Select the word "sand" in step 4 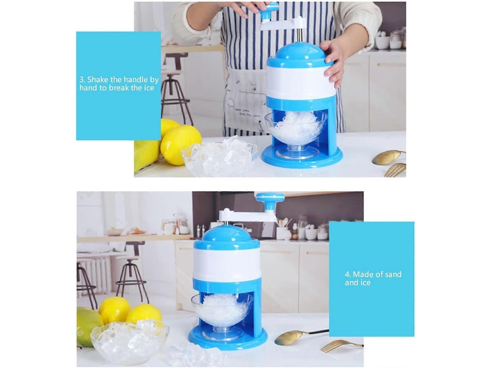pos(393,275)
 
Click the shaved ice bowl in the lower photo pos(222,313)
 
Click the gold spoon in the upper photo pos(388,156)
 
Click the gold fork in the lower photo pos(342,346)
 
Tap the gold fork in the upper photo pos(395,170)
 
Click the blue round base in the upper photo pos(302,157)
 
